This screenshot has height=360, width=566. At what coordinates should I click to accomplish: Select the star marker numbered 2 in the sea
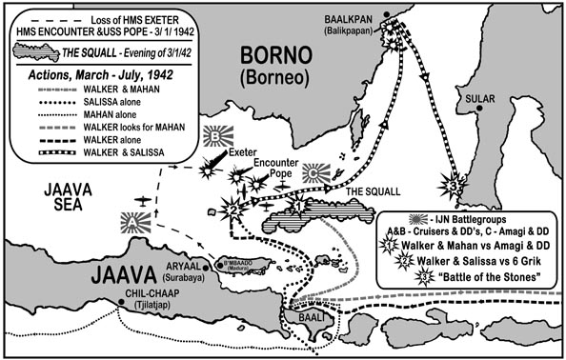229,210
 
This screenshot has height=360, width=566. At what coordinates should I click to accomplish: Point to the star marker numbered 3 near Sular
455,186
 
